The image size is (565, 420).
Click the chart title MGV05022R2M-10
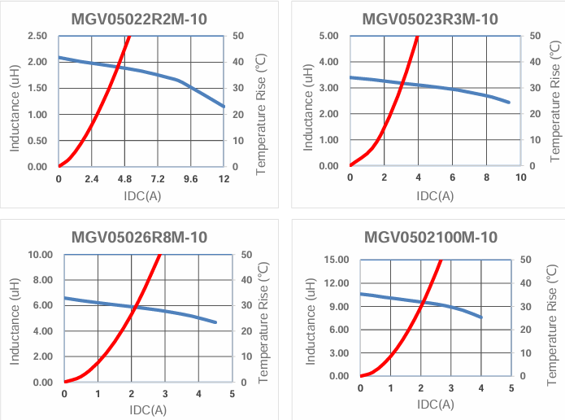[139, 19]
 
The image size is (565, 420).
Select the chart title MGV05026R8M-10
[139, 238]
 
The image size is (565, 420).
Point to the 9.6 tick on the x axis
[190, 179]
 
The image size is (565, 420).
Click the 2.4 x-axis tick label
[91, 179]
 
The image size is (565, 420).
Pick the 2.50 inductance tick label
[37, 36]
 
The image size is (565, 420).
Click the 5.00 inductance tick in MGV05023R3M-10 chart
[328, 36]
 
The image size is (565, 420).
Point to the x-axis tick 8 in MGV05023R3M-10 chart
[486, 178]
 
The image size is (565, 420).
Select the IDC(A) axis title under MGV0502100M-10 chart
[435, 404]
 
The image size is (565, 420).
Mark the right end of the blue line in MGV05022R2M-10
[224, 107]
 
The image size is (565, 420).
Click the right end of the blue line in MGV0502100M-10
[481, 317]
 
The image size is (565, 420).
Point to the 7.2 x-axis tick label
[158, 179]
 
